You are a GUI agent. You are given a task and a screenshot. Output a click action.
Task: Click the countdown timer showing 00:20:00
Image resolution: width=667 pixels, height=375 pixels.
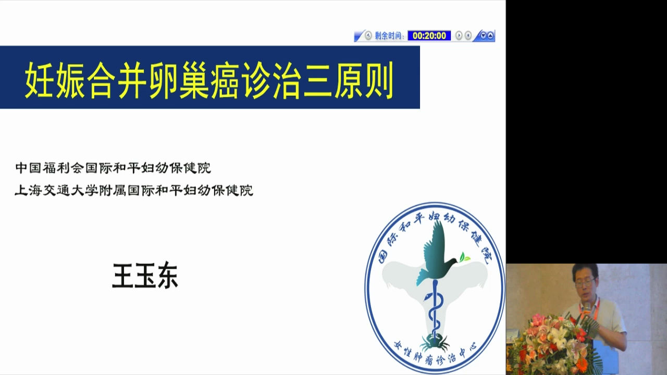tap(429, 36)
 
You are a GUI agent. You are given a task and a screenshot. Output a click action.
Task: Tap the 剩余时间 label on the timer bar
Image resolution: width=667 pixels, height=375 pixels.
tap(388, 36)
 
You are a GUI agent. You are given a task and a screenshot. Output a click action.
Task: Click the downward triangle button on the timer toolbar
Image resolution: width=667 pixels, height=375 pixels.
tap(483, 36)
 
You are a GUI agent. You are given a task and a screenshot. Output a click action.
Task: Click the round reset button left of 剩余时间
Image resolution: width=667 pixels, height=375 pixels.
tap(368, 36)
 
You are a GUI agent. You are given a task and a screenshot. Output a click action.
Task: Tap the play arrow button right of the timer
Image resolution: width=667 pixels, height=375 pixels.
tap(459, 36)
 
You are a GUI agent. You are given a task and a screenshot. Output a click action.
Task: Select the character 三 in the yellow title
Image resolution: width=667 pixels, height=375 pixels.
tap(318, 80)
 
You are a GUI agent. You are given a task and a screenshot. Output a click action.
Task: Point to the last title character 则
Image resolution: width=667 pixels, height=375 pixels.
tap(379, 80)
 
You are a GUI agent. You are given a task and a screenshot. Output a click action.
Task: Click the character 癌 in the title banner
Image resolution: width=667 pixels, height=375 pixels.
tap(225, 80)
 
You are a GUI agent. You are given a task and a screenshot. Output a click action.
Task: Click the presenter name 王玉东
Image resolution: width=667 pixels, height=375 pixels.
tap(145, 276)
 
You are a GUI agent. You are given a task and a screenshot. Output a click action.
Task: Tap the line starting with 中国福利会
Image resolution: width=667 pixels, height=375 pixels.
tap(113, 168)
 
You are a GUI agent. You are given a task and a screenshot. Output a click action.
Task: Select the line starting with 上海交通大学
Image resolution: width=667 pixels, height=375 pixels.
tap(134, 191)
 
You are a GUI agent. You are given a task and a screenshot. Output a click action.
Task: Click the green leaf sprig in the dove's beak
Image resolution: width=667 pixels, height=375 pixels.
tap(464, 257)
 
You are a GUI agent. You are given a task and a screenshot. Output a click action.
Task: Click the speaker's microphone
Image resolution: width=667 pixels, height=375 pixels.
tap(587, 311)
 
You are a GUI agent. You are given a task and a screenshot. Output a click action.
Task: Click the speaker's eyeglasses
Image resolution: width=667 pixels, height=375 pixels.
tap(585, 282)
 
